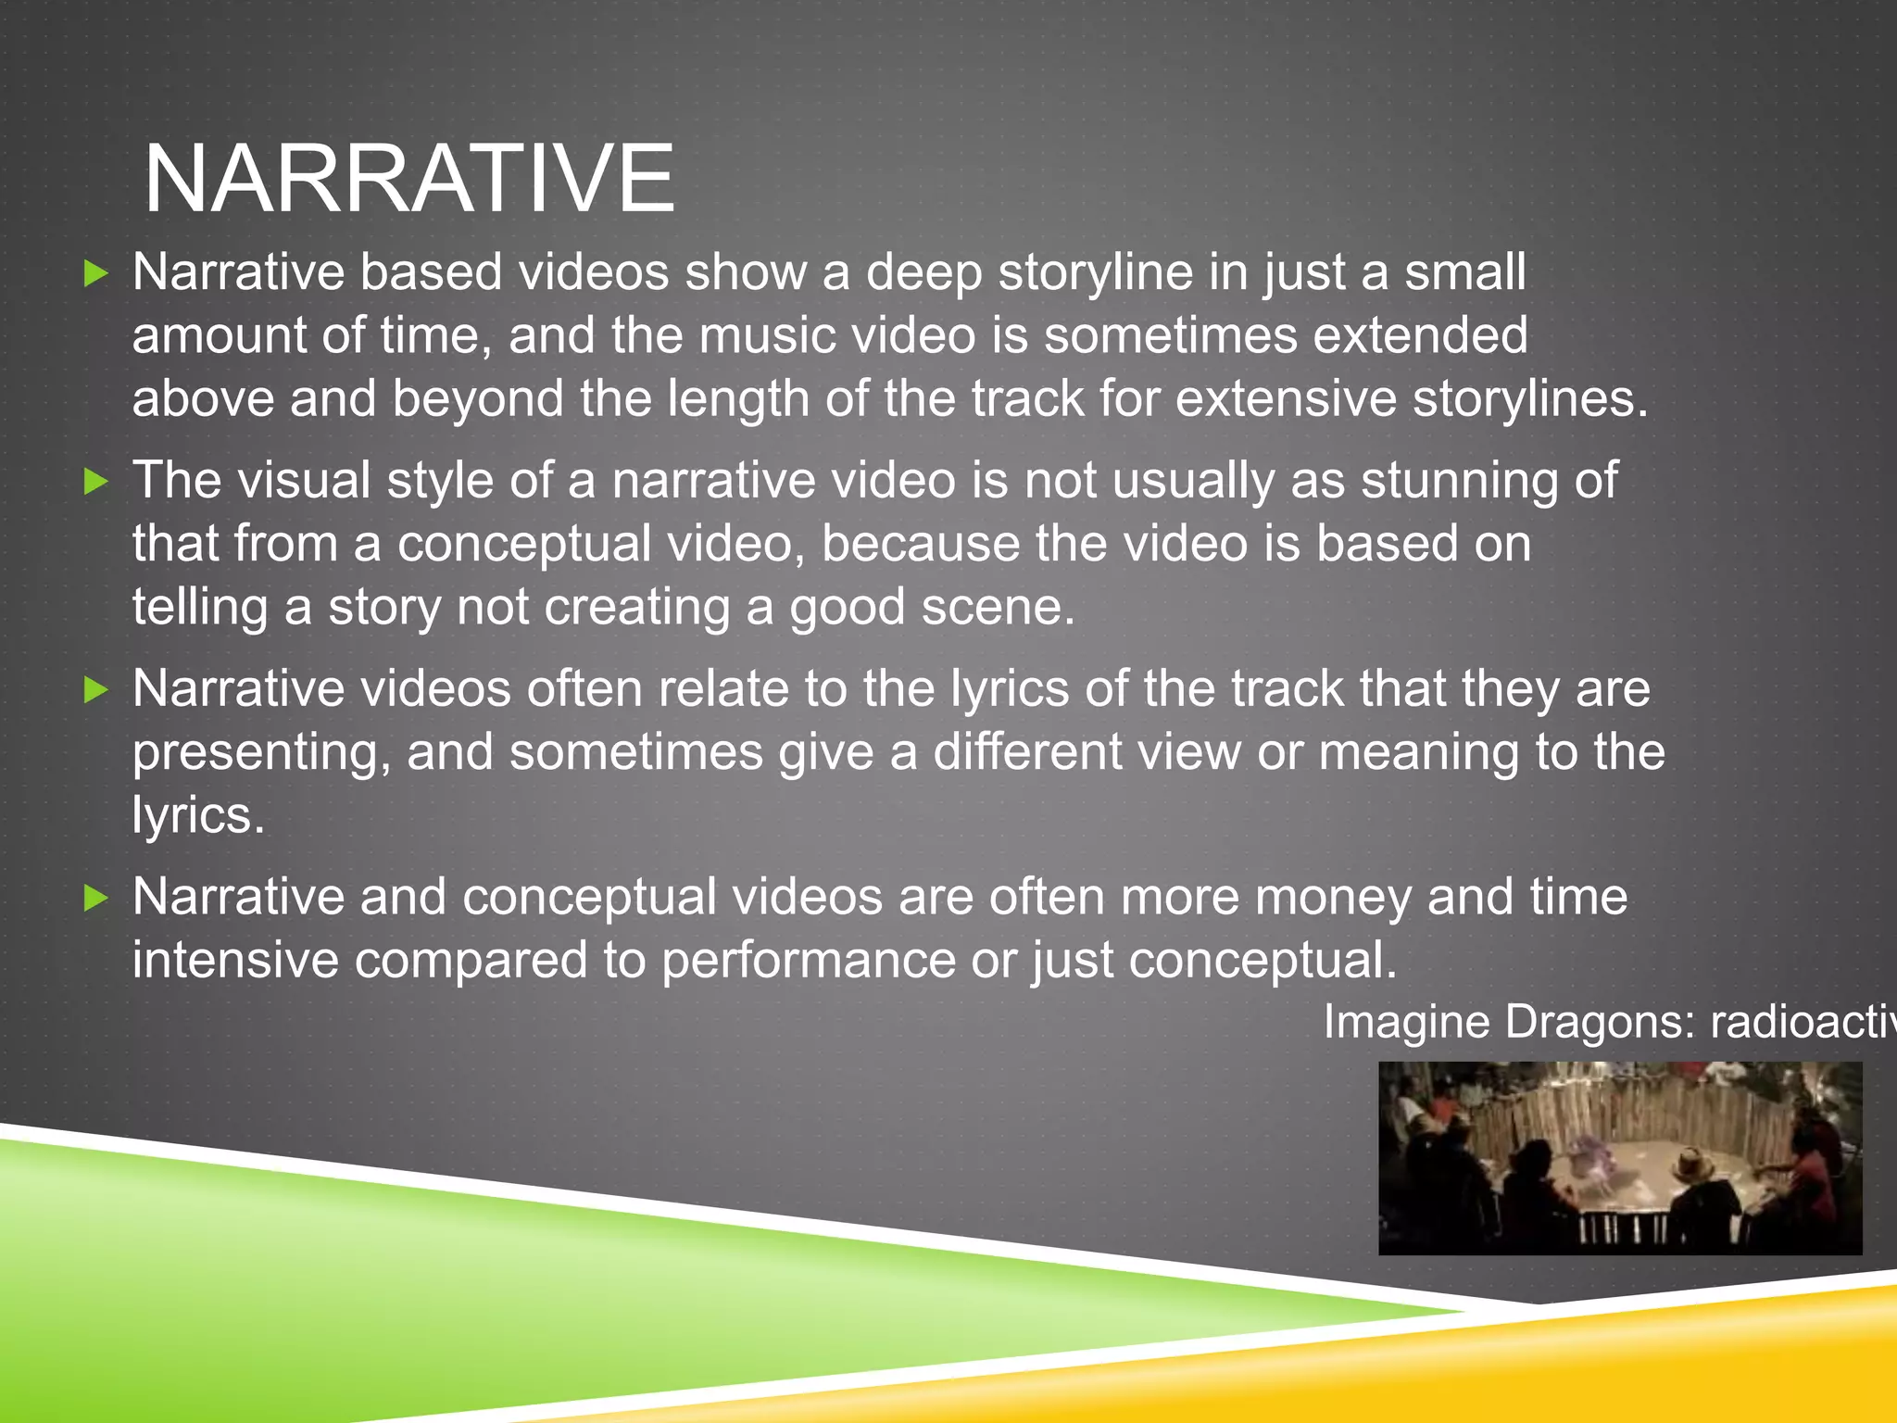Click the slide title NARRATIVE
(x=409, y=178)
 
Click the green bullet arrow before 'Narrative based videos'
(x=96, y=273)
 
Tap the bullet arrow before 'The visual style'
(x=96, y=481)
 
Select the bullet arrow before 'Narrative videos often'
(x=96, y=689)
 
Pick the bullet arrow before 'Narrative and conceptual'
(x=96, y=897)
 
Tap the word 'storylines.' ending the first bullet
(x=1530, y=398)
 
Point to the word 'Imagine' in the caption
(x=1406, y=1022)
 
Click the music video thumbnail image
(x=1620, y=1158)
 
